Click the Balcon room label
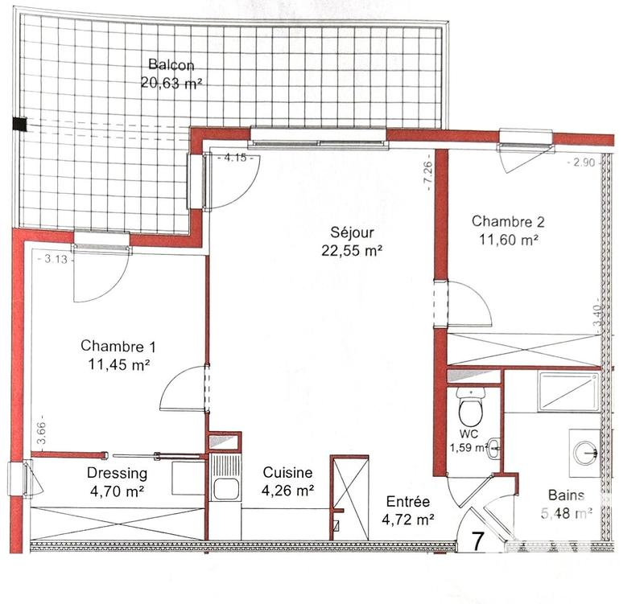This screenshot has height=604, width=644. click(171, 65)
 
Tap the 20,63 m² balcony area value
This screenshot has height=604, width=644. click(171, 82)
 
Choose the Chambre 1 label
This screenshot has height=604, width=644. click(118, 346)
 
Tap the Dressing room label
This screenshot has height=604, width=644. click(118, 473)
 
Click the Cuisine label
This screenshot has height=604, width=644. click(287, 473)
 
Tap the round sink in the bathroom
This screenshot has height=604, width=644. click(585, 451)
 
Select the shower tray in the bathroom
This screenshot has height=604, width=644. click(568, 392)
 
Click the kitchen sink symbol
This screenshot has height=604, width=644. click(225, 489)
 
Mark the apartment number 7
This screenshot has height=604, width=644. click(477, 540)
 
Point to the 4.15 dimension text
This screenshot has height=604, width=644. click(235, 158)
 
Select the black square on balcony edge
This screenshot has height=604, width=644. click(19, 124)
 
